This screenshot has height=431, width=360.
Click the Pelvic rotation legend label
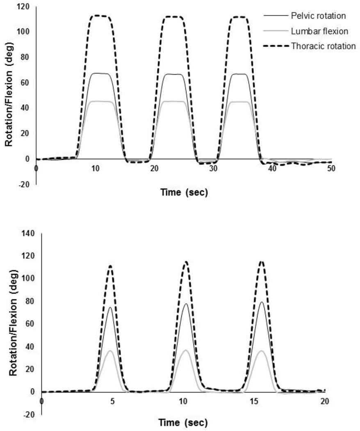318,16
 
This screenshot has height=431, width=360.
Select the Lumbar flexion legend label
318,31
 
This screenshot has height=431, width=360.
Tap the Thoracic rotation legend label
324,46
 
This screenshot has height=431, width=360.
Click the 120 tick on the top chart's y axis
23,7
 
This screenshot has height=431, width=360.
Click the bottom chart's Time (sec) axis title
184,422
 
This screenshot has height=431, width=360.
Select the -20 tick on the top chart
25,184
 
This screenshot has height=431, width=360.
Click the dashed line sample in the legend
276,46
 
